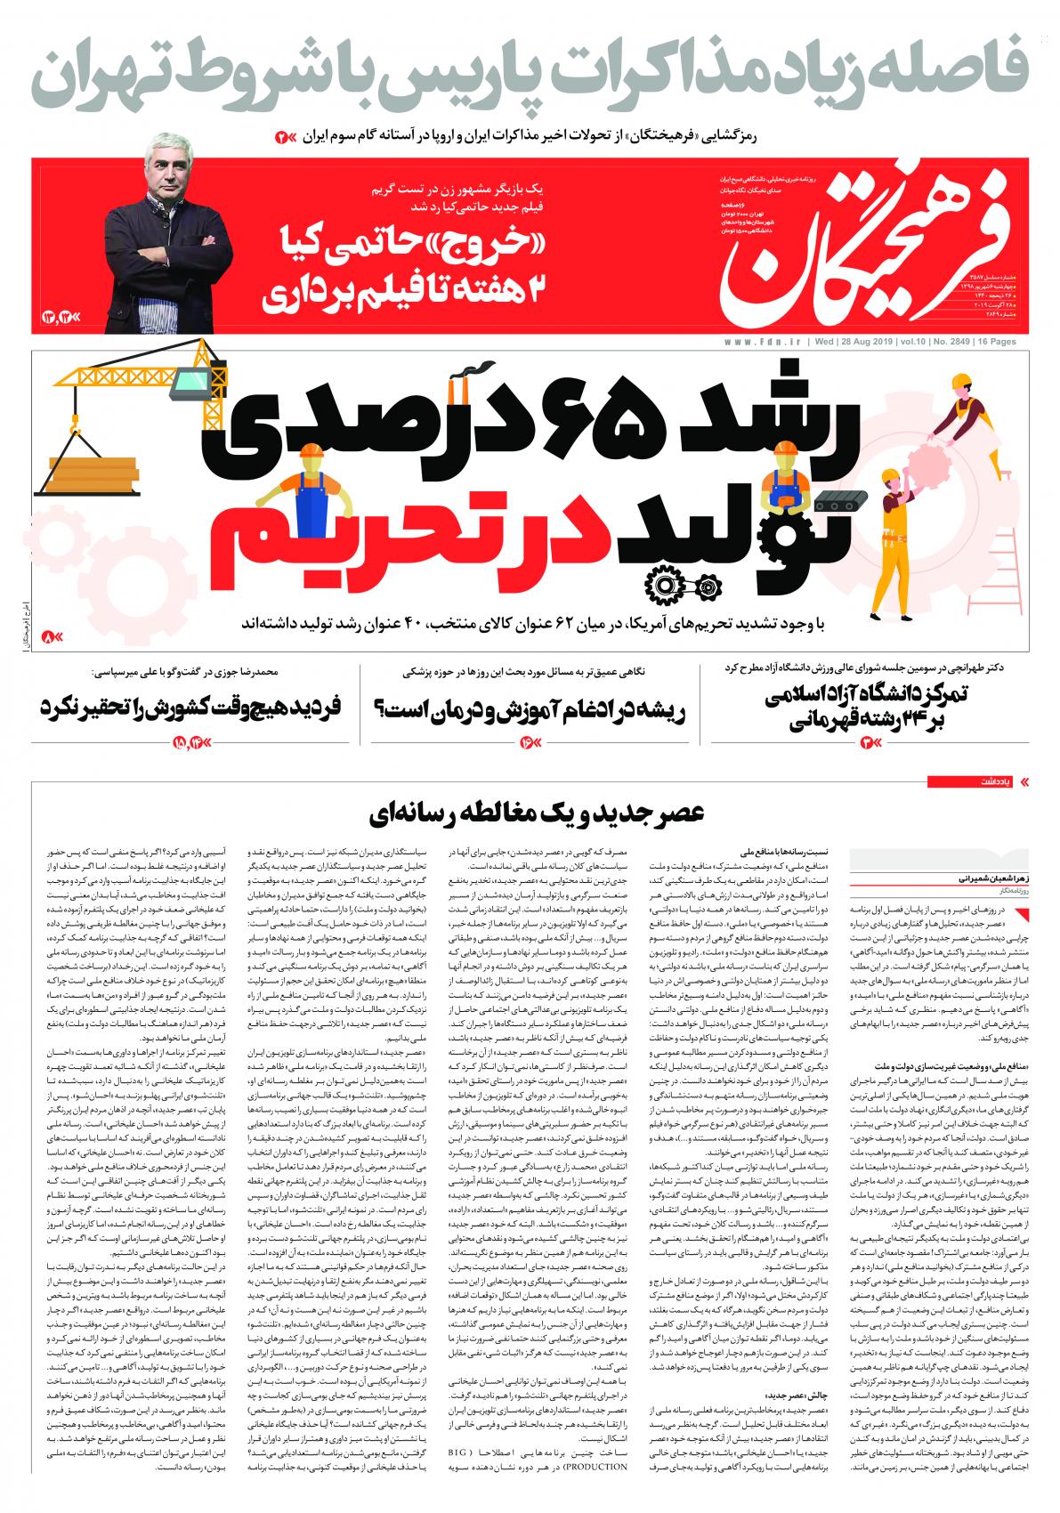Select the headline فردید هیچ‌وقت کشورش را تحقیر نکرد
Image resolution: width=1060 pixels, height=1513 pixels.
pyautogui.click(x=189, y=708)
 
